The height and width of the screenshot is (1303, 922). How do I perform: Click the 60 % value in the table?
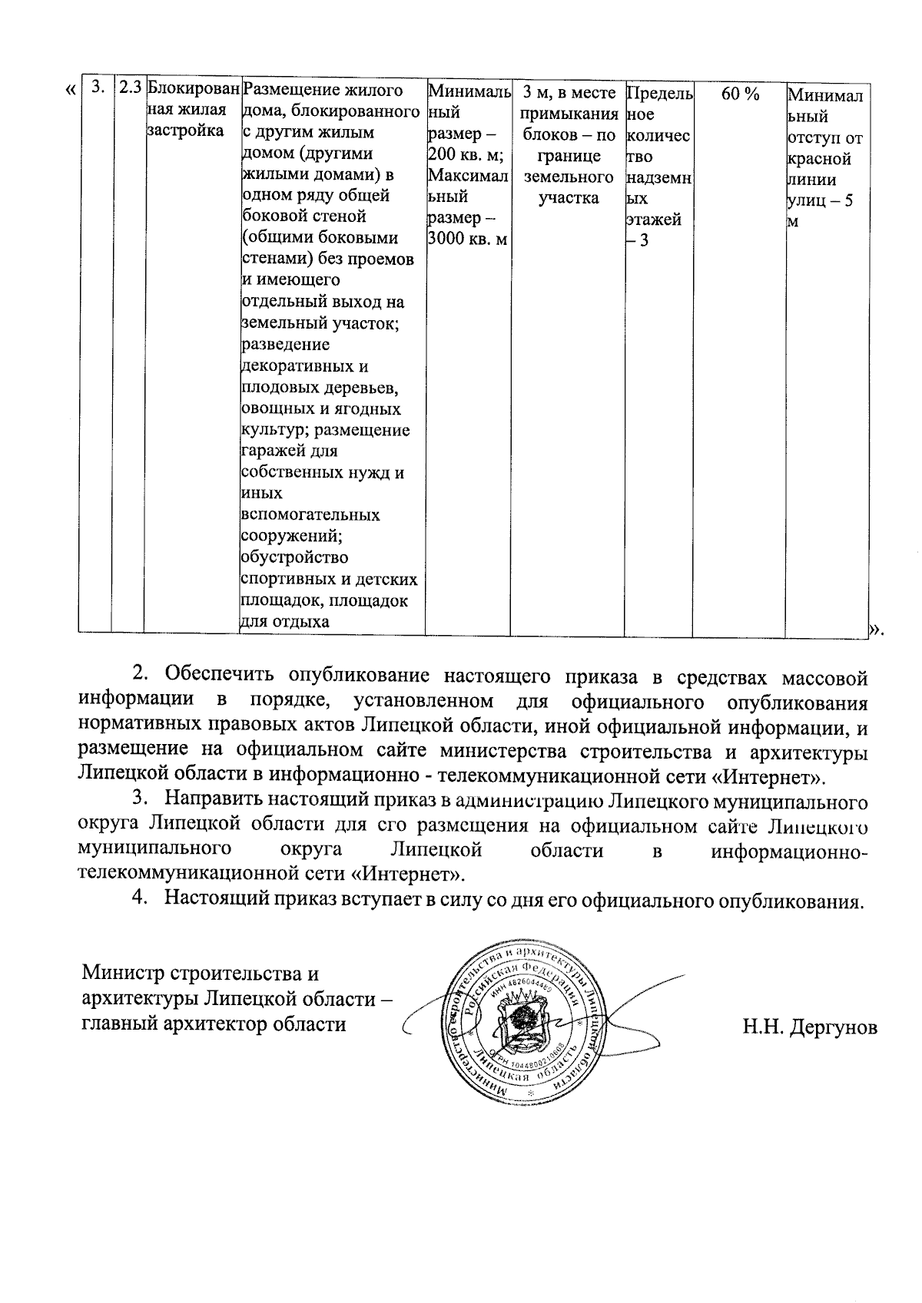[741, 94]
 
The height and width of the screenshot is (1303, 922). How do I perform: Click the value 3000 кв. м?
[466, 239]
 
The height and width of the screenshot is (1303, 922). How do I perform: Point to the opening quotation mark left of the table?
[70, 91]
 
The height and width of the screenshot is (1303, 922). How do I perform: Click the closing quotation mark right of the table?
[875, 630]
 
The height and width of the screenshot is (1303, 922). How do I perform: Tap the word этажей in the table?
[653, 220]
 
